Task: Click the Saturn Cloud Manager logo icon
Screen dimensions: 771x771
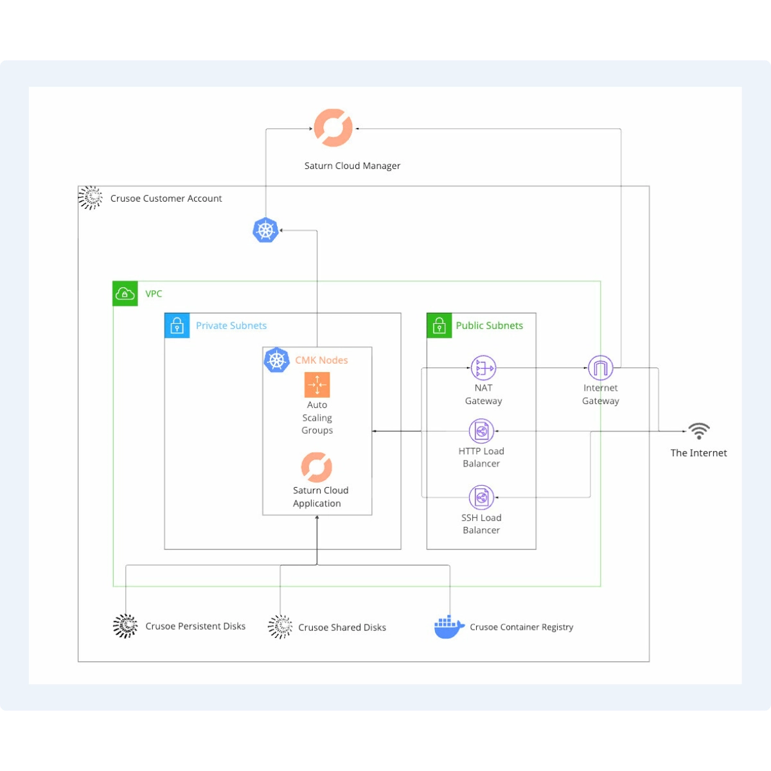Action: coord(333,128)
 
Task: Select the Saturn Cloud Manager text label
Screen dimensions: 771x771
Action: coord(352,166)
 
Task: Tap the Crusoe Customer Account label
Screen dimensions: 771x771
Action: coord(166,199)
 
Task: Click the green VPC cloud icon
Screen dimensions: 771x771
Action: coord(125,294)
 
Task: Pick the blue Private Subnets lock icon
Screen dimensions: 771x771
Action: coord(177,326)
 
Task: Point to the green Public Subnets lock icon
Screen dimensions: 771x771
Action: coord(439,326)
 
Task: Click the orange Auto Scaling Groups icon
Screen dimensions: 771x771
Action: coord(317,385)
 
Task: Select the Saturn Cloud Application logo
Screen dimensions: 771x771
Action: coord(317,467)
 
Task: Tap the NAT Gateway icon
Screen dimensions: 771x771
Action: coord(483,368)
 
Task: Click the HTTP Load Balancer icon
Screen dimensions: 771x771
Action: coord(481,432)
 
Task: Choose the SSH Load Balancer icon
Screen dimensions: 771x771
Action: coord(481,498)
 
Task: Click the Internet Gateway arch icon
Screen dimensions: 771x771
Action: coord(601,368)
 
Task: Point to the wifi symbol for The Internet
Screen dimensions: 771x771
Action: coord(699,431)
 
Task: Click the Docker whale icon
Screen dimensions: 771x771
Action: coord(449,627)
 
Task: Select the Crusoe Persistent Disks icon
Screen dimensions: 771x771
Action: coord(125,626)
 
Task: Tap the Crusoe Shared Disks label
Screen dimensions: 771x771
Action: coord(342,628)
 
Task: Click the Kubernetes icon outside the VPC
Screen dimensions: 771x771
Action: coord(265,230)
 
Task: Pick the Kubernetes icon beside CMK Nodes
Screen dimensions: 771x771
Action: coord(277,360)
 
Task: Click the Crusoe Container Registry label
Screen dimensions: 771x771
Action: coord(521,627)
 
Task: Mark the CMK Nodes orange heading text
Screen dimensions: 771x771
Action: coord(321,360)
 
